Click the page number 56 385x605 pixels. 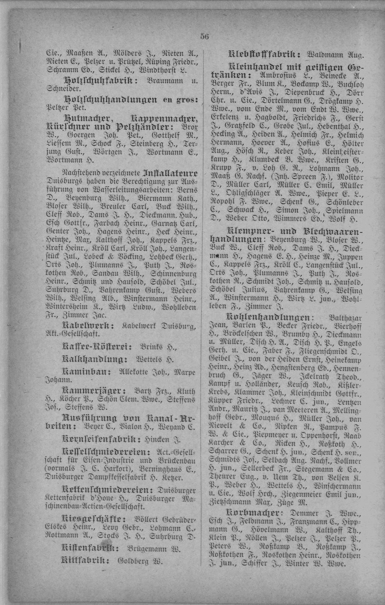205,37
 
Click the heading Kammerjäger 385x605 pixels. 94,391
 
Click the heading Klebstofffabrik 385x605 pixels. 264,55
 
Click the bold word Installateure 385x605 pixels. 170,174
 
